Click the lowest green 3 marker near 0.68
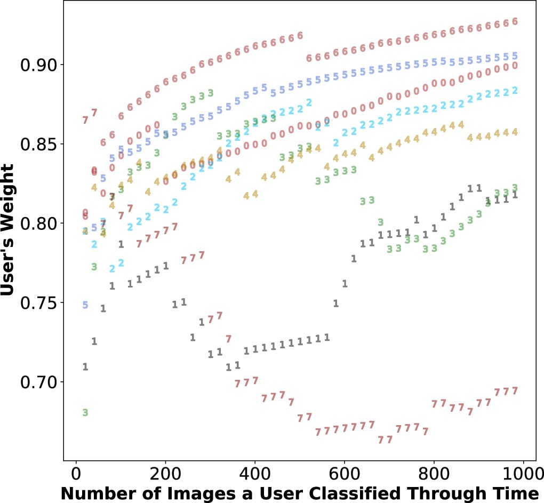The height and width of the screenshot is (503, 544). tap(85, 412)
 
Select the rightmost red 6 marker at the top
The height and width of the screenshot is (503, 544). tap(515, 22)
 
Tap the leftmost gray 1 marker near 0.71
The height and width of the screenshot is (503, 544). tap(85, 367)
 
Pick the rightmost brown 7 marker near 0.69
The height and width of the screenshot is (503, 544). tap(515, 391)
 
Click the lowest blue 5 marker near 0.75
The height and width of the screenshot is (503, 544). tap(85, 305)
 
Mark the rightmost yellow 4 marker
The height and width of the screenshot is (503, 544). tap(515, 132)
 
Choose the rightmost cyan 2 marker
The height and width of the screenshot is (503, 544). tap(515, 91)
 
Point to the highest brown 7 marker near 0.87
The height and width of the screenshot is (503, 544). tap(94, 113)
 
